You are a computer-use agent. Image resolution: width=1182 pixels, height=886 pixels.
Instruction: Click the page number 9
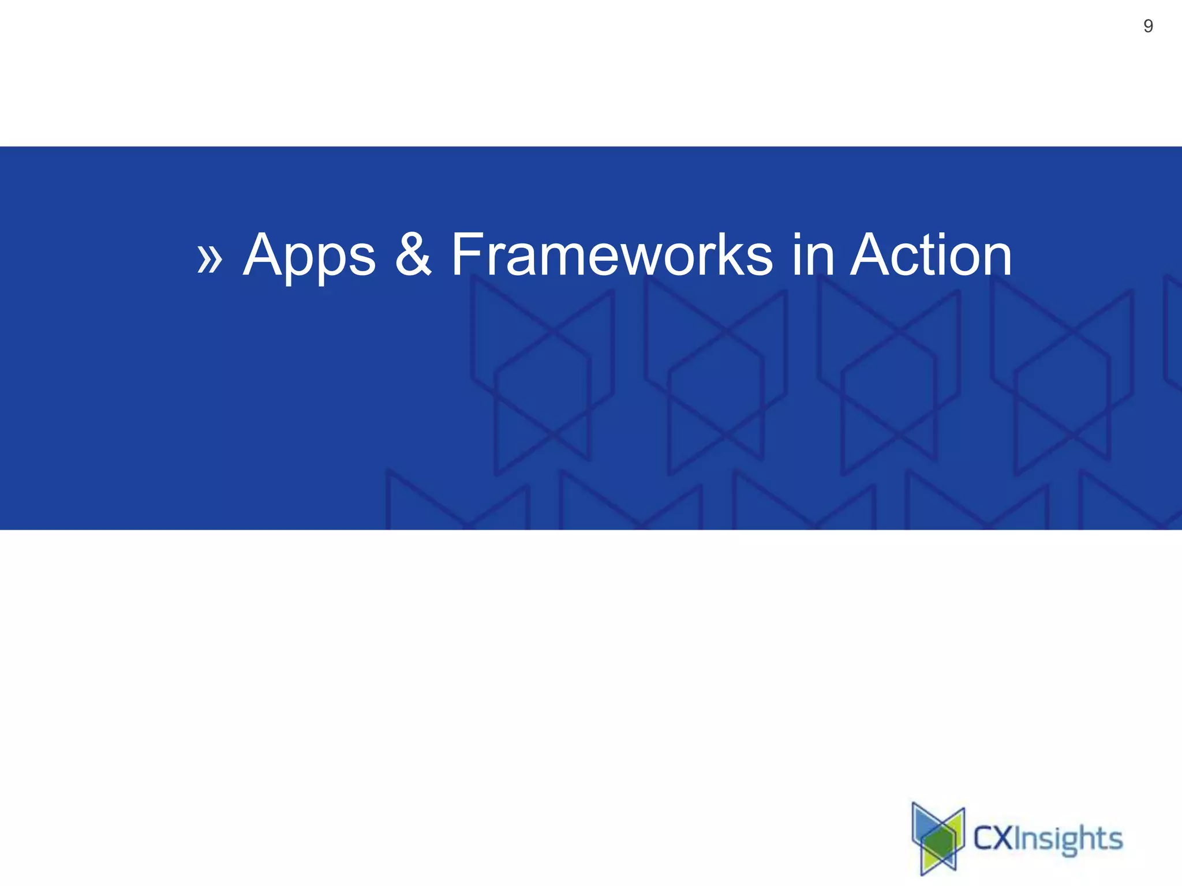point(1148,26)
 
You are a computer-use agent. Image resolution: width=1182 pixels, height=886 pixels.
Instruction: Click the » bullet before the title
point(209,258)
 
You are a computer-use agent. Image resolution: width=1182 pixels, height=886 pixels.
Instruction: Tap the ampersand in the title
point(413,254)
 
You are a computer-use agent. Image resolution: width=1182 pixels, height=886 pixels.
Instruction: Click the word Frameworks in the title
point(611,254)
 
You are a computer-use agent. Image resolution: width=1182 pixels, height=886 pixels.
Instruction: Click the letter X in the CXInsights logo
point(1003,838)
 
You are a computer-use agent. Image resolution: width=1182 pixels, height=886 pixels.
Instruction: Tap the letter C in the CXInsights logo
point(983,838)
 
